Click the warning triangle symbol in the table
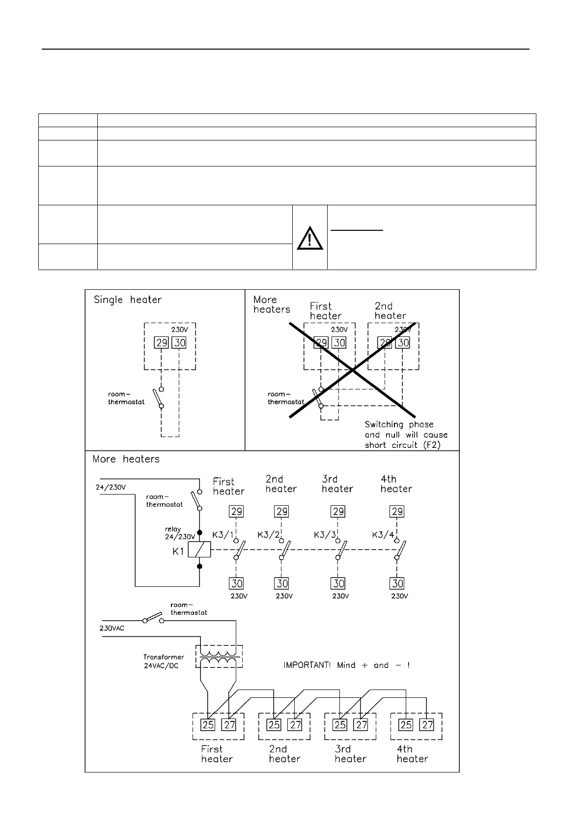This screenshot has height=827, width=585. click(x=309, y=238)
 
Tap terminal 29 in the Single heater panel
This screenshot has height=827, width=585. click(x=162, y=343)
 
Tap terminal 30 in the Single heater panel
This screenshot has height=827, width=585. click(x=180, y=343)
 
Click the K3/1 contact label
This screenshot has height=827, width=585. click(x=223, y=534)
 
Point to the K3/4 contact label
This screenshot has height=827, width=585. click(x=383, y=534)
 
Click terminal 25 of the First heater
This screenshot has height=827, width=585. click(x=208, y=724)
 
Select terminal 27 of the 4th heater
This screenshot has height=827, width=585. click(x=427, y=724)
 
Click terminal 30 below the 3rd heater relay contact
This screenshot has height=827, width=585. click(x=338, y=583)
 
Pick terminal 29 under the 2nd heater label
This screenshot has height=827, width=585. click(x=282, y=512)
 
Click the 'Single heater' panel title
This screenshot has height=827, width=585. click(x=128, y=300)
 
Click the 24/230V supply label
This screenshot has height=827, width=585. click(x=111, y=488)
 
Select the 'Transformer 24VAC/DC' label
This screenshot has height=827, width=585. click(x=164, y=661)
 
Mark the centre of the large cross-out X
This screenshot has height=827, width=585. click(x=353, y=371)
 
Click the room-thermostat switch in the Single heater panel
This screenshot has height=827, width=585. click(x=158, y=398)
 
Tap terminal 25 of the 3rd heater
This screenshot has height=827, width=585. click(x=340, y=724)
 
